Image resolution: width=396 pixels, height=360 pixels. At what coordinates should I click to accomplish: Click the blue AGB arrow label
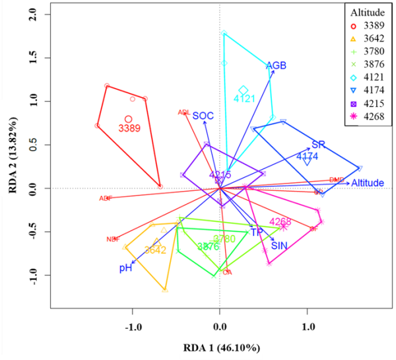pos(276,66)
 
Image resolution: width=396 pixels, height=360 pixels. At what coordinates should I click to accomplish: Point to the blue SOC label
pos(203,116)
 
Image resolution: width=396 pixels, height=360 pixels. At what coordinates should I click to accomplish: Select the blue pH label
pos(125,268)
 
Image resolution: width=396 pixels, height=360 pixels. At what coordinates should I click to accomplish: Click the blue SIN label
pos(279,246)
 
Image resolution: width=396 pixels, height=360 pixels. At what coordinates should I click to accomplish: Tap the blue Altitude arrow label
pos(368,183)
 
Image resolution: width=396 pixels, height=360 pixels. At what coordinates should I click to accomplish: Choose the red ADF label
pos(106,198)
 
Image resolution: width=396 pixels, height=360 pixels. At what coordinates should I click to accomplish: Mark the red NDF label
pos(113,239)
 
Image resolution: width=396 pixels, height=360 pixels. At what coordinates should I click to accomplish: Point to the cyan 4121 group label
pos(244,98)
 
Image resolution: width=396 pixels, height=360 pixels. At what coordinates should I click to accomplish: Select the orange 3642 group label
pos(155,250)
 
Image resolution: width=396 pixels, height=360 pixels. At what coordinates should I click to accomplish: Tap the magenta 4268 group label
pos(280,221)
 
